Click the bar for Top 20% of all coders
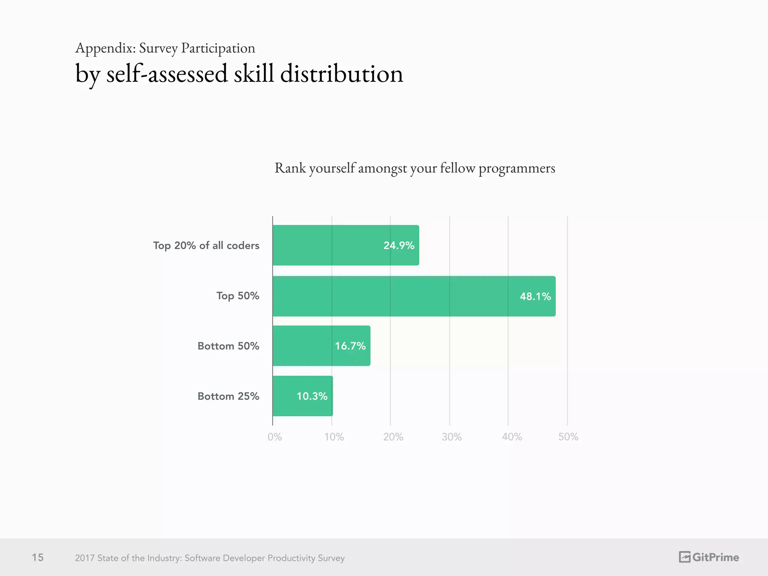tap(346, 245)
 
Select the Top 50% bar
tap(414, 296)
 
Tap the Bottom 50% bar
tap(321, 346)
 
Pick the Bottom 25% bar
tap(302, 396)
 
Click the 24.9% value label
tap(399, 246)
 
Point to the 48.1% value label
tap(535, 297)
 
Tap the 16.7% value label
tap(350, 346)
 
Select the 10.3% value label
tap(312, 396)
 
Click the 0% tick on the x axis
tap(274, 437)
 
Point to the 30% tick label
tap(451, 437)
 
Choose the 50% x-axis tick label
tap(568, 437)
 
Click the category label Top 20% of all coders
tap(206, 246)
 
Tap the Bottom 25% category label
tap(228, 396)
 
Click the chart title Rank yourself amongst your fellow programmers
tap(415, 168)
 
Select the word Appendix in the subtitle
tap(105, 48)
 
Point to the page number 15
tap(37, 558)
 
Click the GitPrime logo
tap(708, 557)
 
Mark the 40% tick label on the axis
tap(512, 437)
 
